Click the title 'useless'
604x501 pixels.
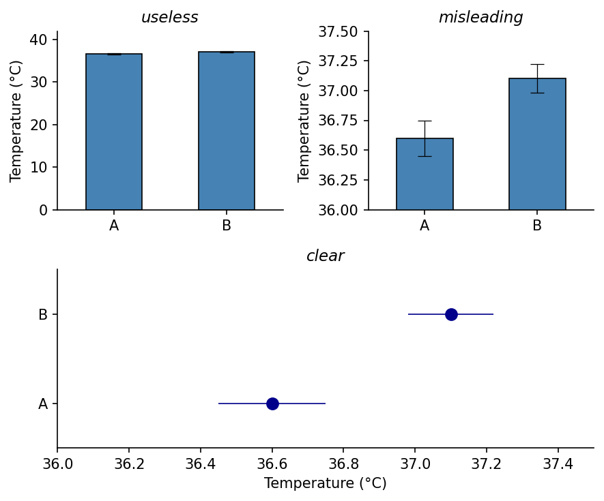(169, 18)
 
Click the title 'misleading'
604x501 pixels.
(480, 18)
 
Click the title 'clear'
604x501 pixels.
(325, 256)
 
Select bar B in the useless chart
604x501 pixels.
(227, 130)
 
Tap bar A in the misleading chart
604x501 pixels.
(425, 174)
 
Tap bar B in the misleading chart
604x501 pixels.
(537, 144)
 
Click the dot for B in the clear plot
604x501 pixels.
(451, 314)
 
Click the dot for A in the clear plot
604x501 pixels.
(272, 404)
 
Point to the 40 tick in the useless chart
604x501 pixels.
(39, 40)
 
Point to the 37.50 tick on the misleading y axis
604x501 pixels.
(338, 31)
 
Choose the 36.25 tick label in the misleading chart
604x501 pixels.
(338, 180)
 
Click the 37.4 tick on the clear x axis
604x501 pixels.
(558, 464)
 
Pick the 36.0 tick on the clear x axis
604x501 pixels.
(57, 464)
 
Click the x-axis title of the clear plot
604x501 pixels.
(325, 483)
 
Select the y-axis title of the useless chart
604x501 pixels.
(16, 121)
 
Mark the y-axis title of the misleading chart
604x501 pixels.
(304, 121)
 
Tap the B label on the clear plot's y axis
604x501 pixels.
(43, 315)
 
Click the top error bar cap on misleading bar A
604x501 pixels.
(425, 121)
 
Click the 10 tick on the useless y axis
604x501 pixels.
(39, 168)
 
